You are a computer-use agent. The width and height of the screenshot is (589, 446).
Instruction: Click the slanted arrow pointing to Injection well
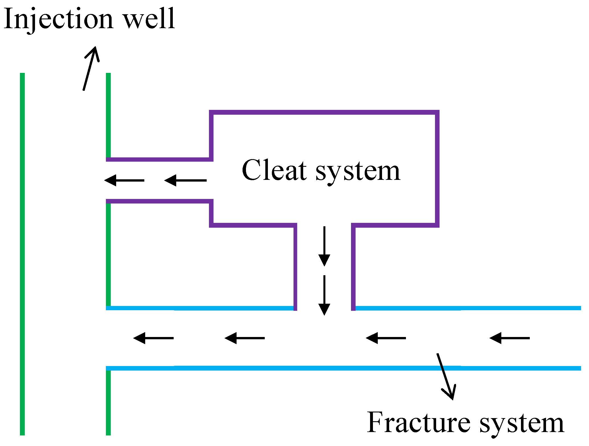pos(91,68)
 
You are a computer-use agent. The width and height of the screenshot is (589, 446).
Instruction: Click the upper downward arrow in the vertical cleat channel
pos(324,246)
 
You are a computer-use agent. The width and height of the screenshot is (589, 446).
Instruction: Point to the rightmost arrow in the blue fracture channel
pos(510,338)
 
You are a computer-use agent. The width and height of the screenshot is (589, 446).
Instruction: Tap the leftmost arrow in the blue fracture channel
pos(153,338)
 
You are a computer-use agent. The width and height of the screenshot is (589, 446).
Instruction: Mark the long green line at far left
pos(22,253)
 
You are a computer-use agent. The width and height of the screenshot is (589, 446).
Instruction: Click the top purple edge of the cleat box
pos(325,112)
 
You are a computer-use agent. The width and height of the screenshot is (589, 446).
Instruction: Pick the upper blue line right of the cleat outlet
pos(467,308)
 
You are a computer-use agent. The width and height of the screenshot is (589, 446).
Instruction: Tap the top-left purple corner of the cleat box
pos(211,112)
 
